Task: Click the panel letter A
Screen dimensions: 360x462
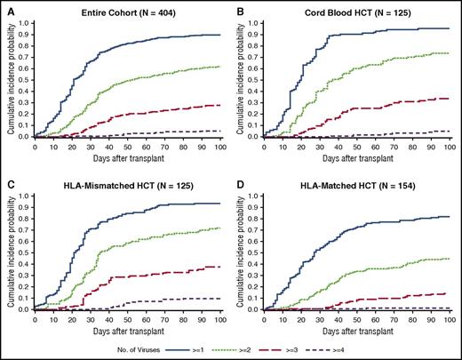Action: pos(5,6)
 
